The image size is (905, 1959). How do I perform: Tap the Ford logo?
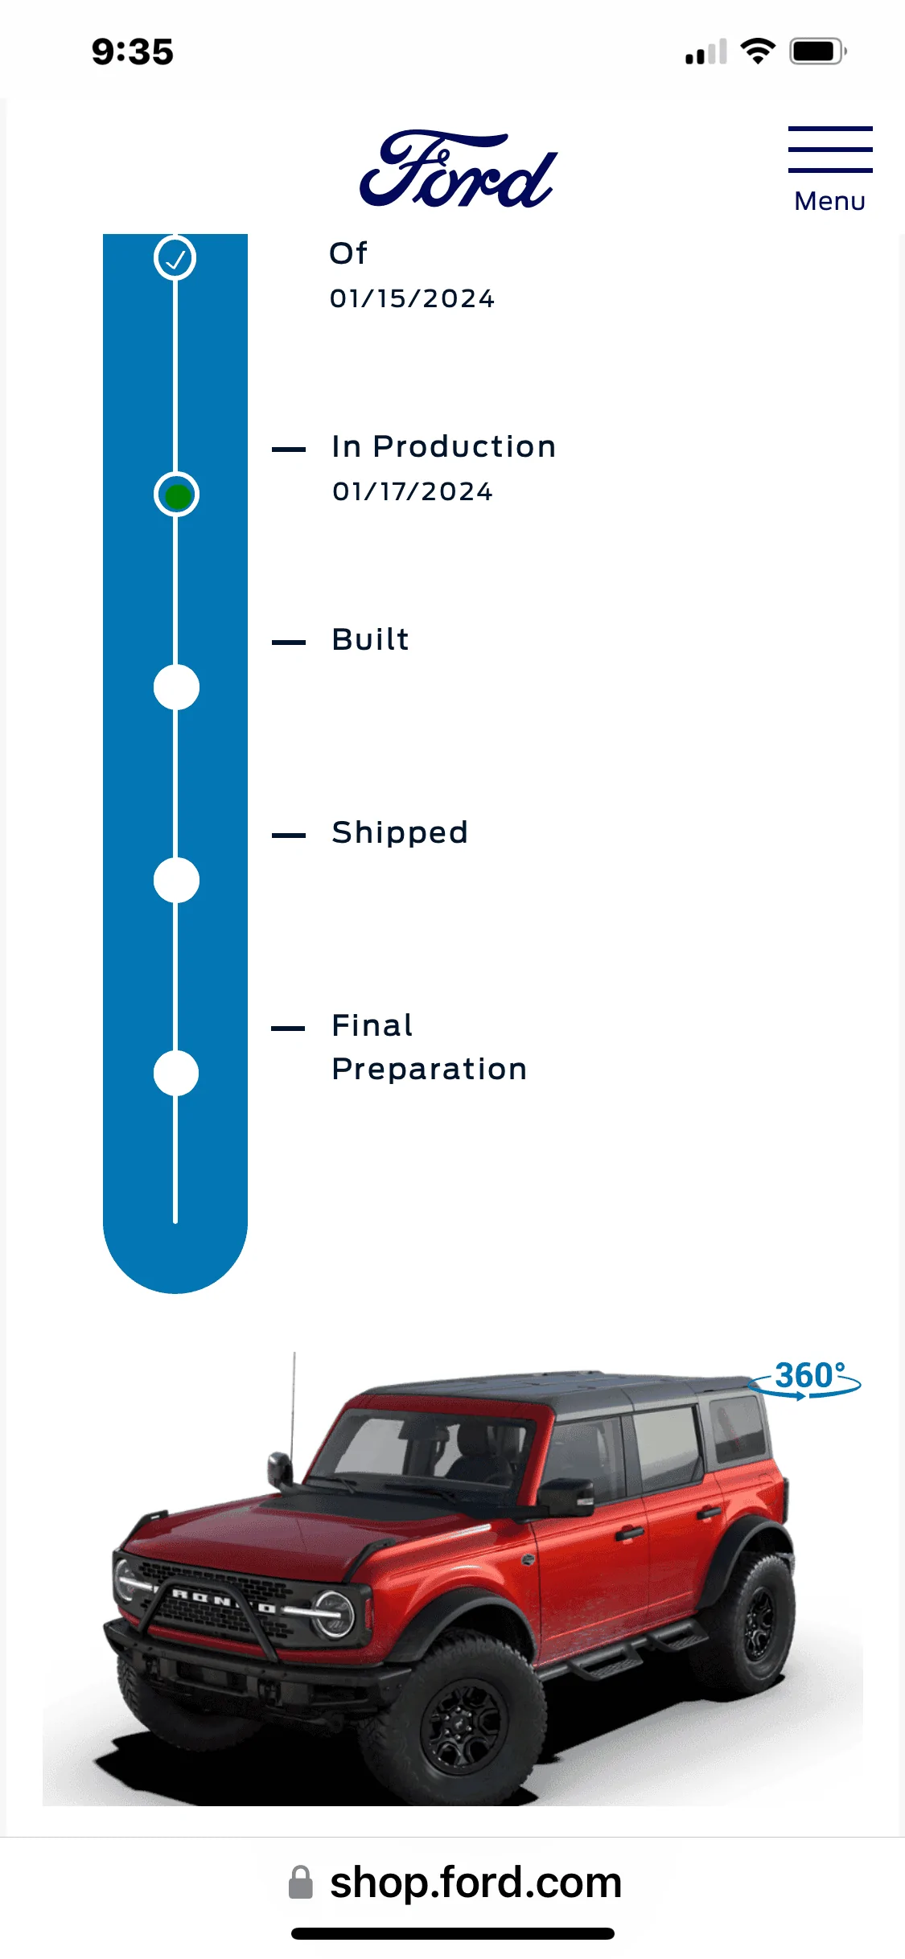458,169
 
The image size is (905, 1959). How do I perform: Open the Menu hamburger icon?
830,150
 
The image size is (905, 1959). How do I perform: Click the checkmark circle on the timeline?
175,258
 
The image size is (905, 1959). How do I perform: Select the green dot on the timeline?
177,495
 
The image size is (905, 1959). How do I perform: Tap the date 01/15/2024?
413,298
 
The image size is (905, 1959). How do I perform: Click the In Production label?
444,446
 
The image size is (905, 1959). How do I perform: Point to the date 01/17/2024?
413,491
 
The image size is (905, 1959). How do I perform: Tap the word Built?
371,639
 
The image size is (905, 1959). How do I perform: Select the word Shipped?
400,832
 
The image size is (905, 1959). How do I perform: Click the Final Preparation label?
430,1047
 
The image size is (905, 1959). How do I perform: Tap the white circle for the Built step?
176,688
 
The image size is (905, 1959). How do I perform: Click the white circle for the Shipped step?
176,881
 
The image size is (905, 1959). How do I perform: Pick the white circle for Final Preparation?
176,1074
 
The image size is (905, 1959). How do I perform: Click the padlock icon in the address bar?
301,1883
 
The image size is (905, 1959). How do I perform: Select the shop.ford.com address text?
476,1883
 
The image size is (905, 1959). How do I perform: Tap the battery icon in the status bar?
818,52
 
